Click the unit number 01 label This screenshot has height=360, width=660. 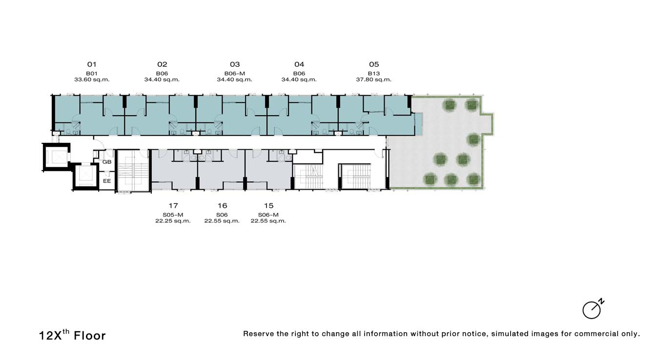tap(92, 64)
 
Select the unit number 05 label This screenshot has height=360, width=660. tap(374, 64)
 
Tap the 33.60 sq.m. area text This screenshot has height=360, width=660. tap(92, 80)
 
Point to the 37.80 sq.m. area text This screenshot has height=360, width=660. tap(373, 80)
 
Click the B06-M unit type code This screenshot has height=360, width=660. tap(234, 73)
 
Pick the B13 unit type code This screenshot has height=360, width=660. tap(373, 73)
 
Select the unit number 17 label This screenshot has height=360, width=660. tap(173, 205)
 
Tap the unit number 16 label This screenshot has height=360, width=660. tap(222, 205)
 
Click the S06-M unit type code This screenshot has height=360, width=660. tap(268, 215)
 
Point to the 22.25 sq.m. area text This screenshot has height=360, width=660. tap(173, 221)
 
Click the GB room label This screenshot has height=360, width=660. tap(106, 162)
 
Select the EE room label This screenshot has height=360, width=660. tap(106, 181)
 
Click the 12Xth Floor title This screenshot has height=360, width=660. tap(72, 335)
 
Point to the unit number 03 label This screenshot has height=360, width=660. tap(235, 64)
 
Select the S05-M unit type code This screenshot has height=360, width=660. tap(173, 215)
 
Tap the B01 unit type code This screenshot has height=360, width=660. tap(92, 73)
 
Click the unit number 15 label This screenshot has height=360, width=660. tap(268, 205)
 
